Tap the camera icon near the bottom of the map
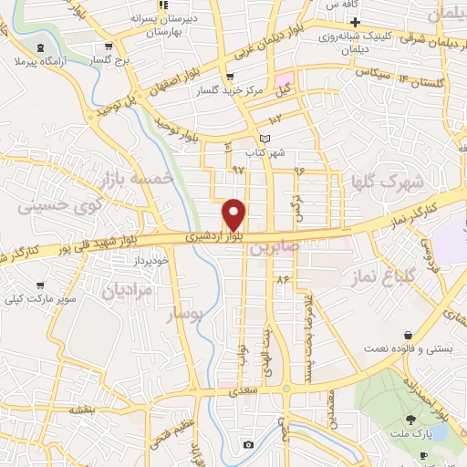click(x=248, y=444)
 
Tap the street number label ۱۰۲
click(x=276, y=119)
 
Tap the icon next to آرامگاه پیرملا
click(x=40, y=47)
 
